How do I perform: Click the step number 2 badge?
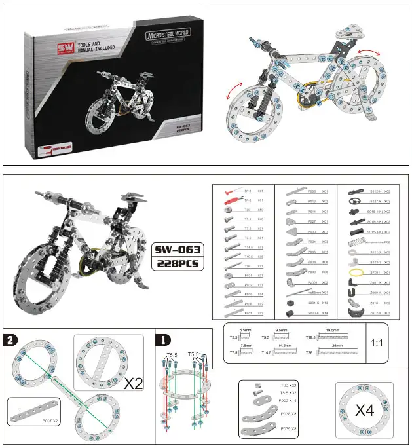10,339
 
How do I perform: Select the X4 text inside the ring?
364,411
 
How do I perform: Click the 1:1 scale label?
378,343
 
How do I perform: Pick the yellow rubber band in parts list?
356,271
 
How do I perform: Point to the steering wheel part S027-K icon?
356,202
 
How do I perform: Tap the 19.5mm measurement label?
332,331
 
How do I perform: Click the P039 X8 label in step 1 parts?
288,428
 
